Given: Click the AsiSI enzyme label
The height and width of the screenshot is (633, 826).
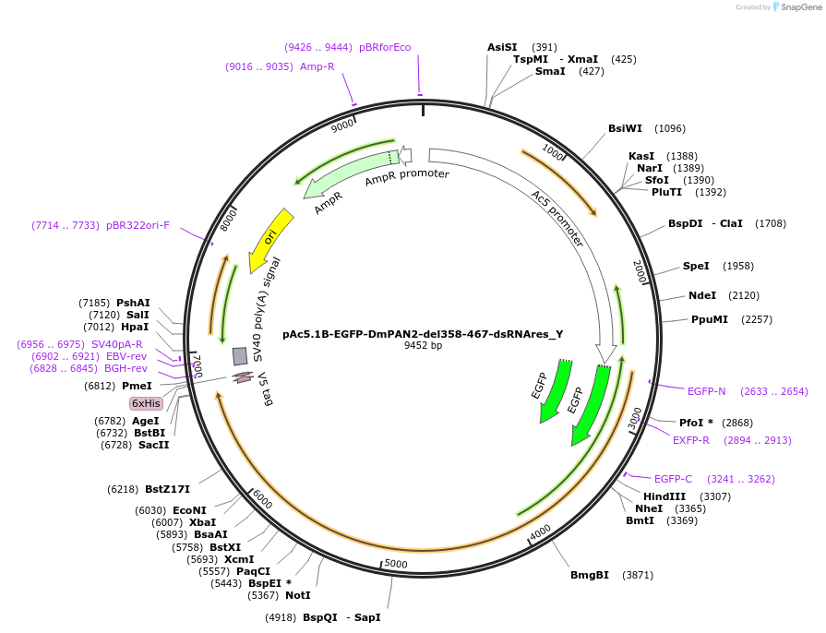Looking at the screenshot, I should (502, 47).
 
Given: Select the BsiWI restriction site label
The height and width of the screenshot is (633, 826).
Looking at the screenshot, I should (626, 128).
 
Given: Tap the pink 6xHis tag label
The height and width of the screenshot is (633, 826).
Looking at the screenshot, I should (146, 403).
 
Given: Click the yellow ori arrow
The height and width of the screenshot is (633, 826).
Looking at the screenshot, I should (271, 237).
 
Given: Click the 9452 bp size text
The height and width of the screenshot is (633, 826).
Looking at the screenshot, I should (423, 346).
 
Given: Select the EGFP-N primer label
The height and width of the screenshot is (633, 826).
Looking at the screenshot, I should (707, 391).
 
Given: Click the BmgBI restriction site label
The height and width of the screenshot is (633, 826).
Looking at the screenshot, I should (590, 575).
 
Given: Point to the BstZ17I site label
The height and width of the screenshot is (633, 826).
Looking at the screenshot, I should (167, 489).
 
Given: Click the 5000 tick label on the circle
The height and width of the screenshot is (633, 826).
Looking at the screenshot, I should (395, 564).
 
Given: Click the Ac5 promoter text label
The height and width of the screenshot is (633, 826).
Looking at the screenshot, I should (557, 220).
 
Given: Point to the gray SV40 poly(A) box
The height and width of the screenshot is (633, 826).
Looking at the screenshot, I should (240, 356).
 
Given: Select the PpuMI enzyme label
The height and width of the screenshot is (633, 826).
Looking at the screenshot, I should (710, 319).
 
